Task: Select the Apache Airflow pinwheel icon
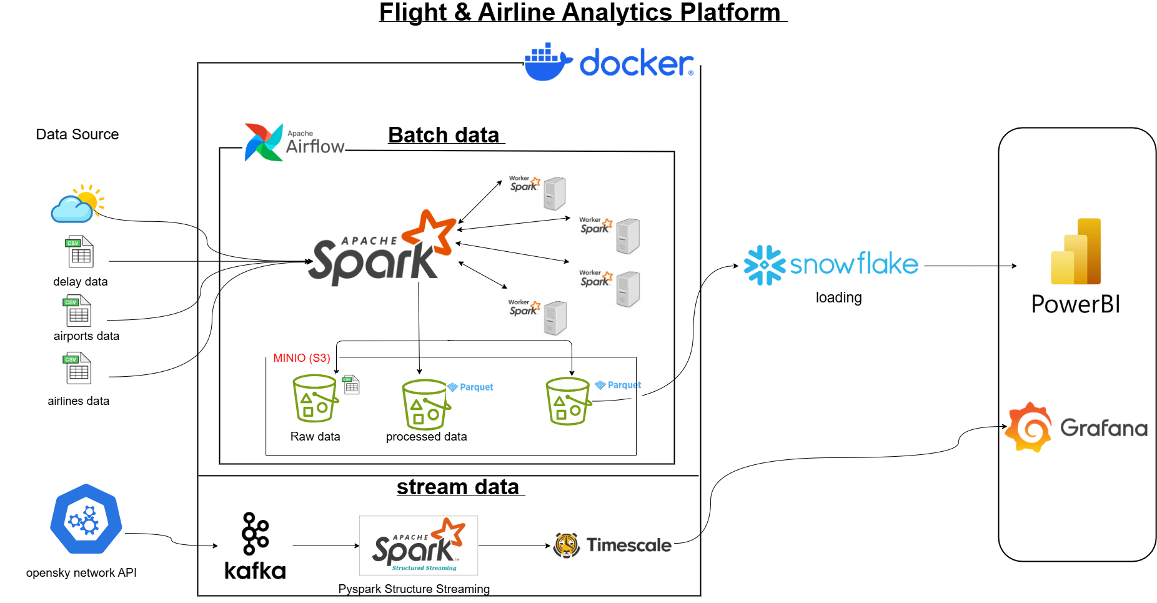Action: point(263,142)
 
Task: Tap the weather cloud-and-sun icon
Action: point(77,204)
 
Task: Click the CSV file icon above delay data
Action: point(80,252)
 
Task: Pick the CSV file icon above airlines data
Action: point(78,369)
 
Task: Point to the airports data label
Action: point(86,336)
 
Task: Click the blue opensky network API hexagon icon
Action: point(86,519)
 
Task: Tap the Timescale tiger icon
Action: point(567,546)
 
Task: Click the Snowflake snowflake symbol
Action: point(764,265)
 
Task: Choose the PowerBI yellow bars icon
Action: point(1076,252)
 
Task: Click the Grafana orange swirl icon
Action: point(1028,427)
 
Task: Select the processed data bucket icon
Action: point(425,404)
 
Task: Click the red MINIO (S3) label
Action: point(301,358)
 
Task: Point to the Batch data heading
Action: point(444,135)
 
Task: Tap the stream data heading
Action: point(458,487)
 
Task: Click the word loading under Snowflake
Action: point(838,298)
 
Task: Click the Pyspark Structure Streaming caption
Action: point(414,589)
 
